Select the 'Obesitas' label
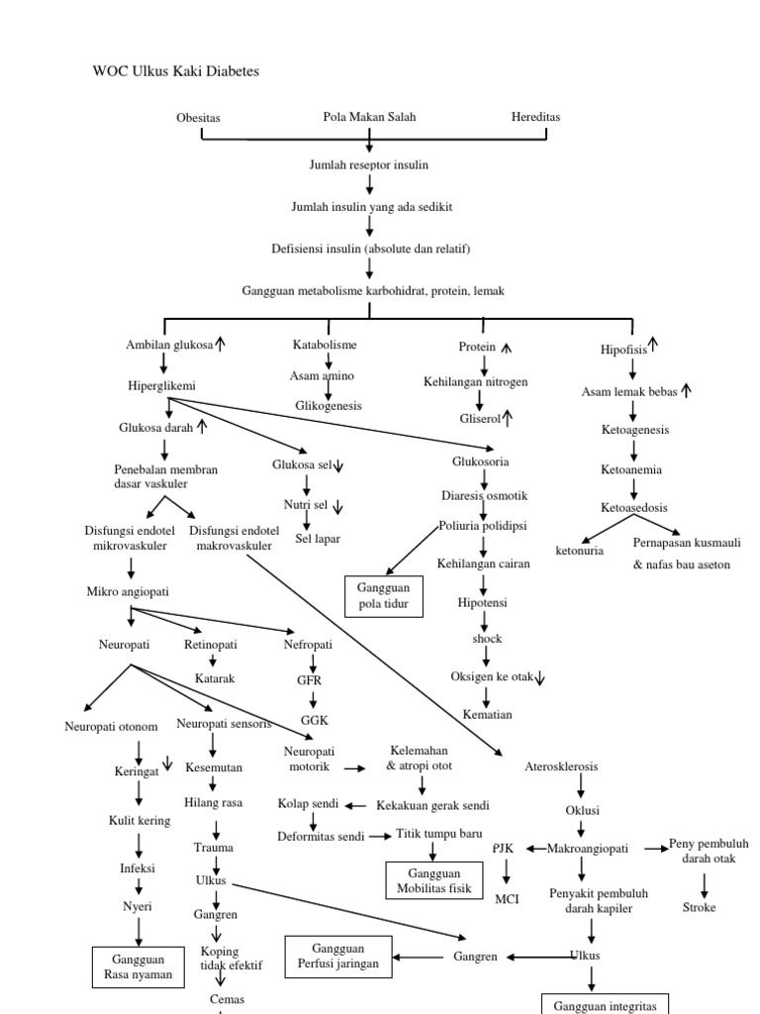click(x=198, y=118)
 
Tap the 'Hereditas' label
click(x=535, y=117)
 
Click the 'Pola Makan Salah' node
click(x=369, y=117)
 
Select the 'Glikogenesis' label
click(x=329, y=406)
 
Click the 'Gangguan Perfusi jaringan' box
click(x=337, y=956)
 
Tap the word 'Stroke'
click(x=699, y=907)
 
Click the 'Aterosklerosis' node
click(x=561, y=766)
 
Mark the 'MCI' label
click(x=507, y=899)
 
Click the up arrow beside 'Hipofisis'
click(x=653, y=345)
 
